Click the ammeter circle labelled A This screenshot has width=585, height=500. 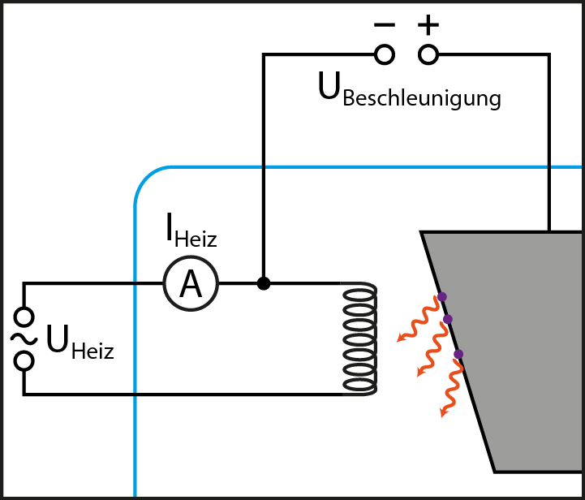pyautogui.click(x=191, y=284)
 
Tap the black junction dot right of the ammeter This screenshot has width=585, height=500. pyautogui.click(x=263, y=283)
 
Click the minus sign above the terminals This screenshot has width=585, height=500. pyautogui.click(x=385, y=25)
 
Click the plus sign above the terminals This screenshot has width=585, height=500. pyautogui.click(x=428, y=25)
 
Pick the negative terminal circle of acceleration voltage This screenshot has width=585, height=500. pyautogui.click(x=385, y=54)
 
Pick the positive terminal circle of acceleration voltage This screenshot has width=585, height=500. pyautogui.click(x=428, y=54)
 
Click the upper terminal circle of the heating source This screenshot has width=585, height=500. pyautogui.click(x=25, y=316)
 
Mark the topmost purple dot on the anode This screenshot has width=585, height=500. pyautogui.click(x=441, y=296)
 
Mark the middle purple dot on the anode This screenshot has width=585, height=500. pyautogui.click(x=447, y=319)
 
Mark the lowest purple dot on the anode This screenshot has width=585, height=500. pyautogui.click(x=458, y=354)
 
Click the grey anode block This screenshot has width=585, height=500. pyautogui.click(x=519, y=349)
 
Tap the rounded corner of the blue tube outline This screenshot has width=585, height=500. pyautogui.click(x=146, y=179)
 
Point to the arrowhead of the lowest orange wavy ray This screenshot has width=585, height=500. pyautogui.click(x=443, y=413)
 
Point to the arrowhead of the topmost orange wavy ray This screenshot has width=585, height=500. pyautogui.click(x=400, y=338)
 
